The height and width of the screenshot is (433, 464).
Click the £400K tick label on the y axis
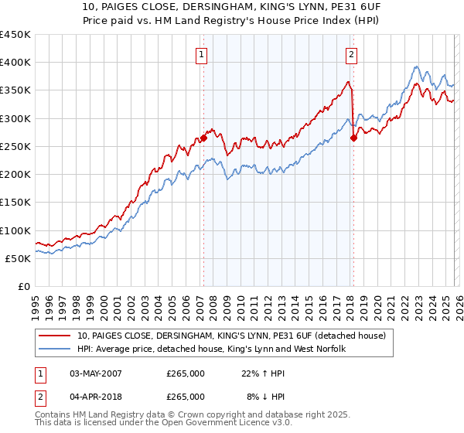(x=15, y=63)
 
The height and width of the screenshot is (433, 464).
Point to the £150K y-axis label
(x=15, y=202)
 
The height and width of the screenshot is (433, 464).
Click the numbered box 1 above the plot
(x=201, y=54)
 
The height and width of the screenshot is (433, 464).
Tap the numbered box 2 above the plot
(x=351, y=54)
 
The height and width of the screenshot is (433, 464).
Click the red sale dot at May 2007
(x=203, y=138)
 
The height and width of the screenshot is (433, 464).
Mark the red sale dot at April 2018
(x=353, y=138)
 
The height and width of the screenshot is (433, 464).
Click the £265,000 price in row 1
(x=186, y=373)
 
